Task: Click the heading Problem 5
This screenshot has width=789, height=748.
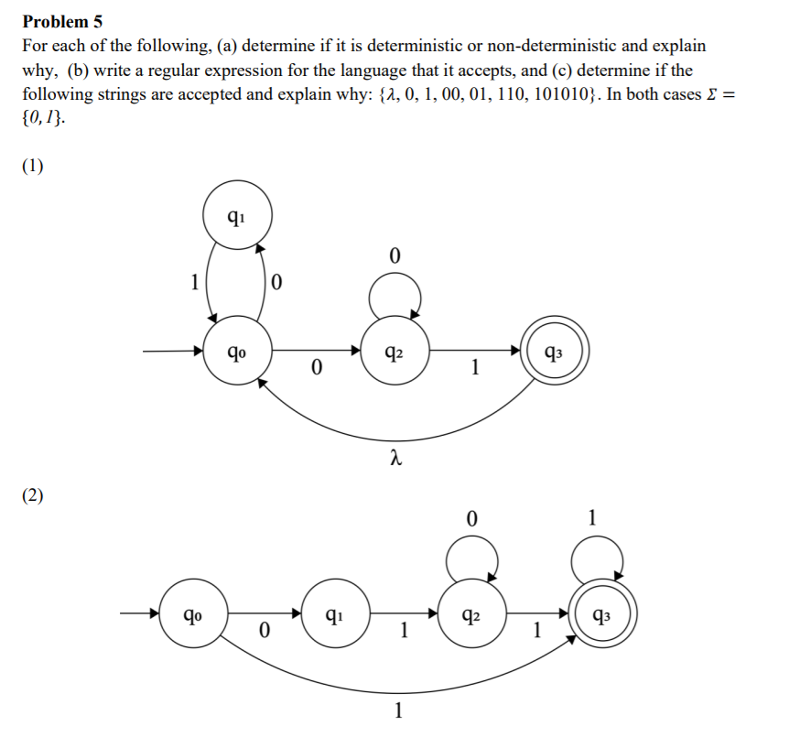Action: pos(63,20)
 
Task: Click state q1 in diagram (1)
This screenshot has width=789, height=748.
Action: pos(235,217)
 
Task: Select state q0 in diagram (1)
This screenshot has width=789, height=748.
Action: pos(237,350)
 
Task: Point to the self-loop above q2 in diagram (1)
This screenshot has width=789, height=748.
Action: pos(394,295)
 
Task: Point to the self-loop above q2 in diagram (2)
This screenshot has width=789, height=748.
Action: pos(471,555)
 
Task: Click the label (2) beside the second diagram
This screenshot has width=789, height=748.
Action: pos(33,495)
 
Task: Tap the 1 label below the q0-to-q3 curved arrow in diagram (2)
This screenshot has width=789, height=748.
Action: pos(396,711)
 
